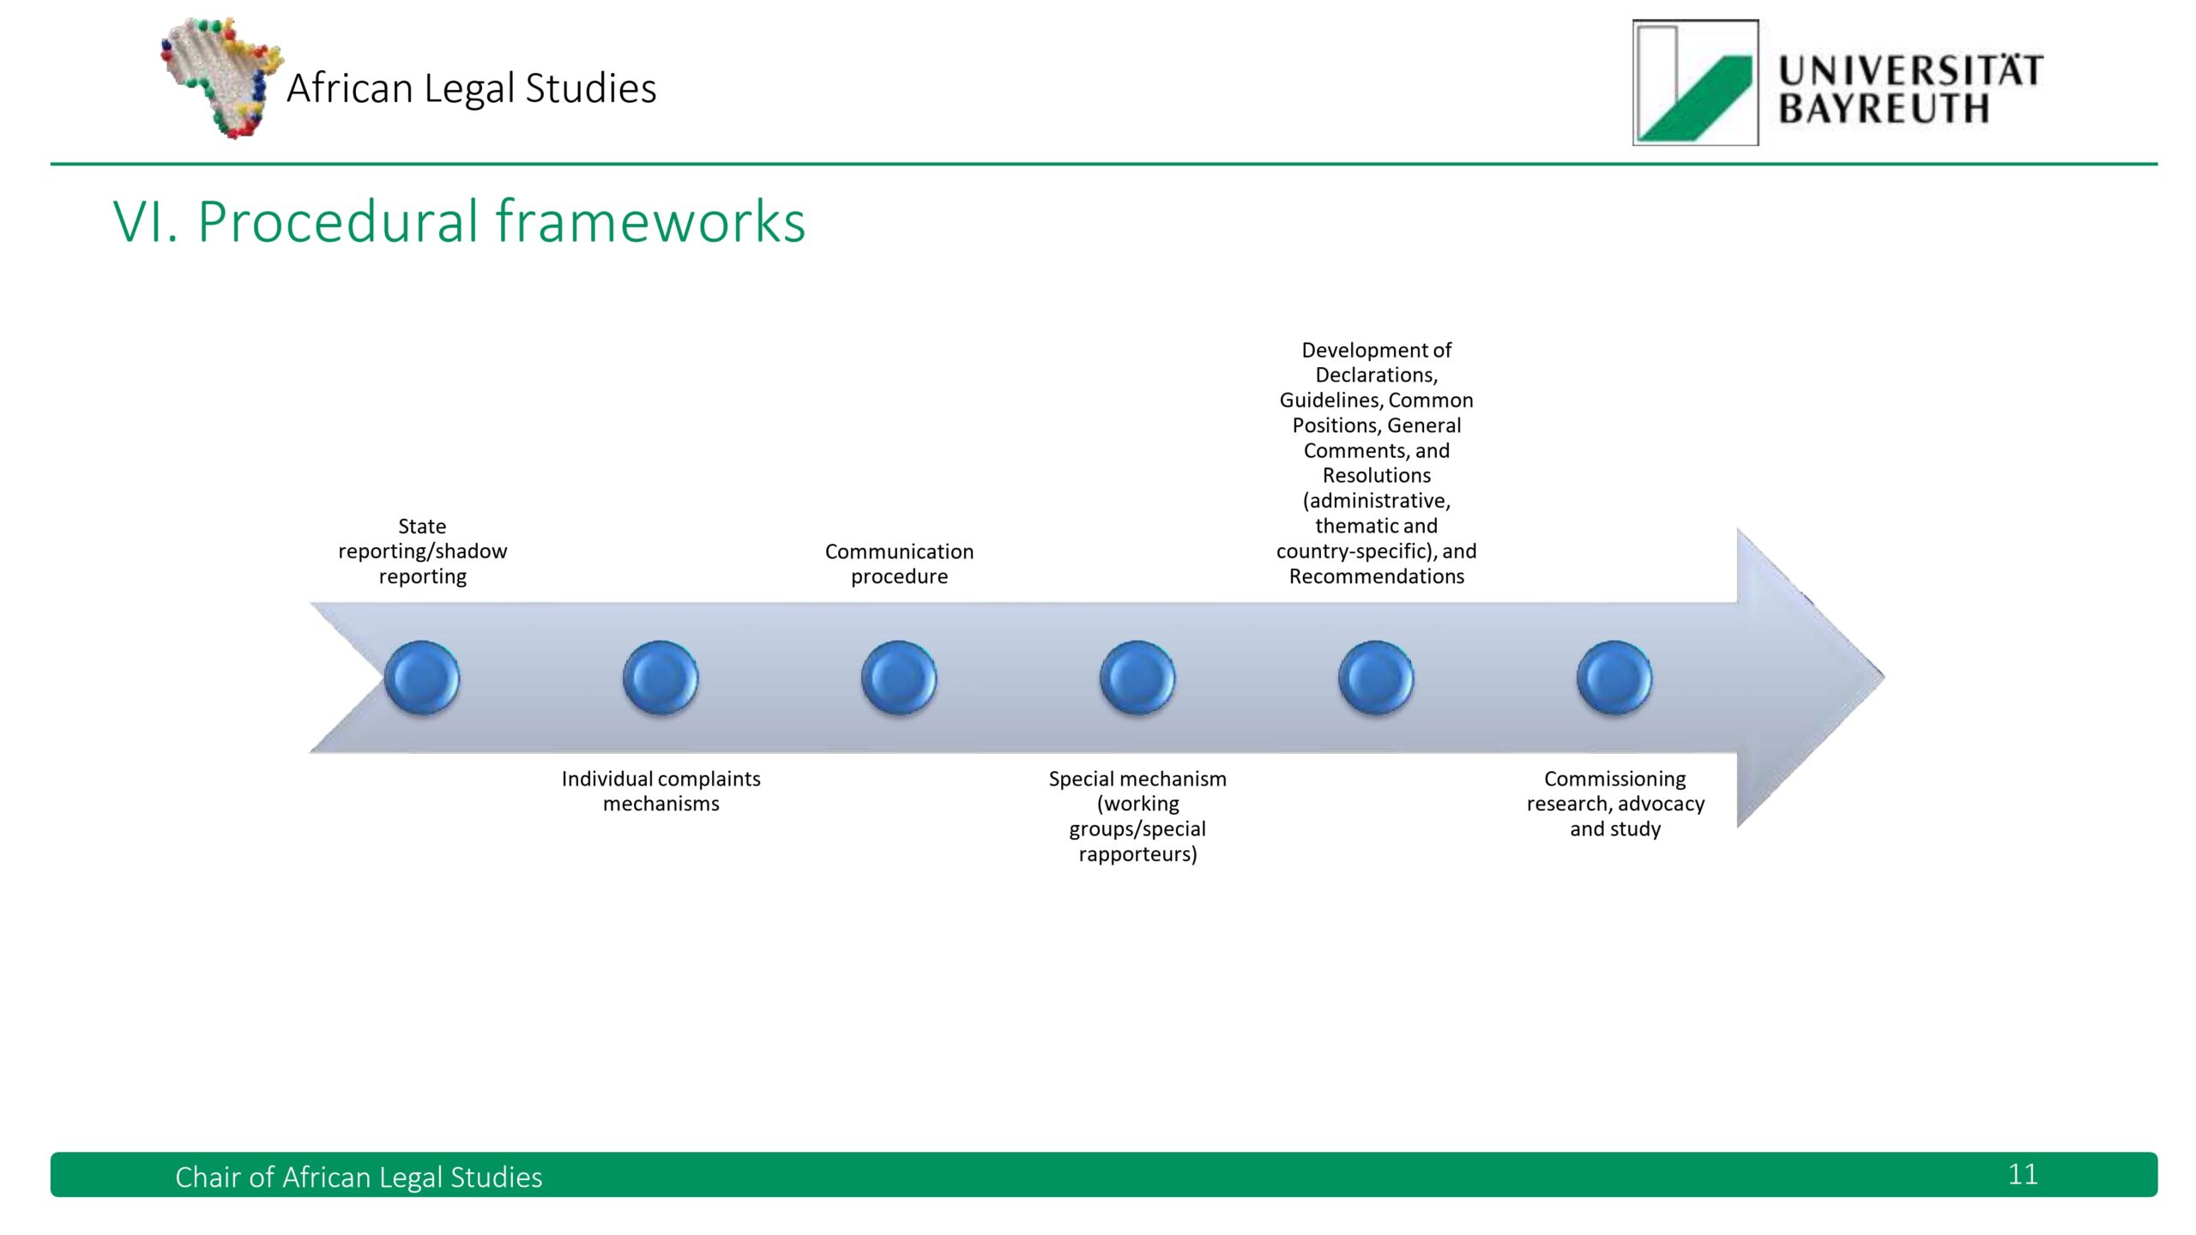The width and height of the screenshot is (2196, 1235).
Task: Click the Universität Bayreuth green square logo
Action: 1695,83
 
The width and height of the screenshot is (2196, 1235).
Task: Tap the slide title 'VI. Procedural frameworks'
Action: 459,221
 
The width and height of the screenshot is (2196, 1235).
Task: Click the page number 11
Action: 2022,1174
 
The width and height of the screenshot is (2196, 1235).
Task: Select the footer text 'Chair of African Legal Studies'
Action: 359,1177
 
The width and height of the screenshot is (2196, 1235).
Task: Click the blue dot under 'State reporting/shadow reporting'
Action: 422,678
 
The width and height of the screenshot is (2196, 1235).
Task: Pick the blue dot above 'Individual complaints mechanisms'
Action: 661,678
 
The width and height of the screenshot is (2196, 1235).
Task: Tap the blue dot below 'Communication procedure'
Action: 899,678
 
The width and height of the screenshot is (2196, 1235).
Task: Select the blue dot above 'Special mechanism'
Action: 1137,678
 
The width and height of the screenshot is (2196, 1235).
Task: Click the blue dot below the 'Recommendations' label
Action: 1376,678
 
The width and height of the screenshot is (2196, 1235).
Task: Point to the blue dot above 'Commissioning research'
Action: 1614,678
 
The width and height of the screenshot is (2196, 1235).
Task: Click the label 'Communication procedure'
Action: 899,563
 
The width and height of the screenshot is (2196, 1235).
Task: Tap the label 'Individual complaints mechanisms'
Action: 661,791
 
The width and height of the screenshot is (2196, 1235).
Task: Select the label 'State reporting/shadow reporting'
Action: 422,551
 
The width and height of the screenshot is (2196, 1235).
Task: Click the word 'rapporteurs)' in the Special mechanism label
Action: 1137,854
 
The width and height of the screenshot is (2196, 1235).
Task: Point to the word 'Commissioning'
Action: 1614,779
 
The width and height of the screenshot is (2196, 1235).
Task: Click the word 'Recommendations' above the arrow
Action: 1376,576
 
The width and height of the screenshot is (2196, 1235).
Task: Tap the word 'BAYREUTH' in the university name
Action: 1883,110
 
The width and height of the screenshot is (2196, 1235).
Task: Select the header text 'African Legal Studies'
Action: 471,87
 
